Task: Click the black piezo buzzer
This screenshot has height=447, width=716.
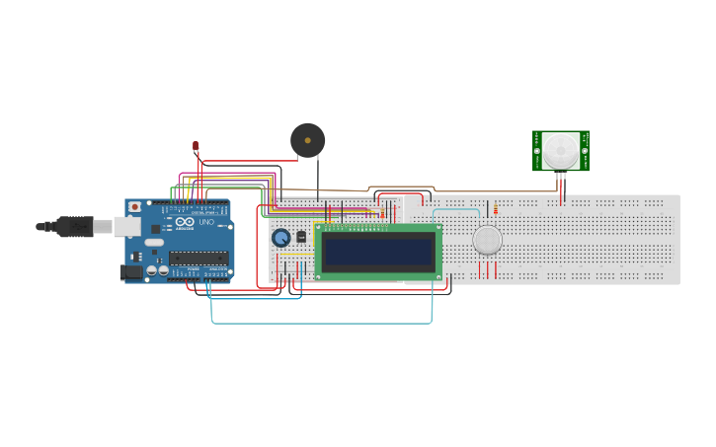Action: (x=307, y=140)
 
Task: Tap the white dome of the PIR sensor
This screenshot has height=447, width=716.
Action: (x=560, y=150)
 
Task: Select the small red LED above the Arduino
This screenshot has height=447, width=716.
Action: (x=196, y=147)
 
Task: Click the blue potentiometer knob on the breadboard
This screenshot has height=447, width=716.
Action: (x=280, y=238)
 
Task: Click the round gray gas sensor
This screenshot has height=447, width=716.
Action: (x=487, y=240)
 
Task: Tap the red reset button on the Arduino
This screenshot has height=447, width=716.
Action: (x=134, y=208)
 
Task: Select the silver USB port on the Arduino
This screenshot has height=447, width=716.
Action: (x=126, y=227)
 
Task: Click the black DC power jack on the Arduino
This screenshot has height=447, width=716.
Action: (x=130, y=271)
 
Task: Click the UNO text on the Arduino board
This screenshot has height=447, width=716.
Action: (x=206, y=223)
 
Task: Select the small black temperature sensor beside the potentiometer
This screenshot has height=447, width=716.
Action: (x=301, y=237)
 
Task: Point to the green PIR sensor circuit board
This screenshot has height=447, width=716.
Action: (x=583, y=151)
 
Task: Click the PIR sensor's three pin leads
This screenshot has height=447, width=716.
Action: (x=561, y=182)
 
